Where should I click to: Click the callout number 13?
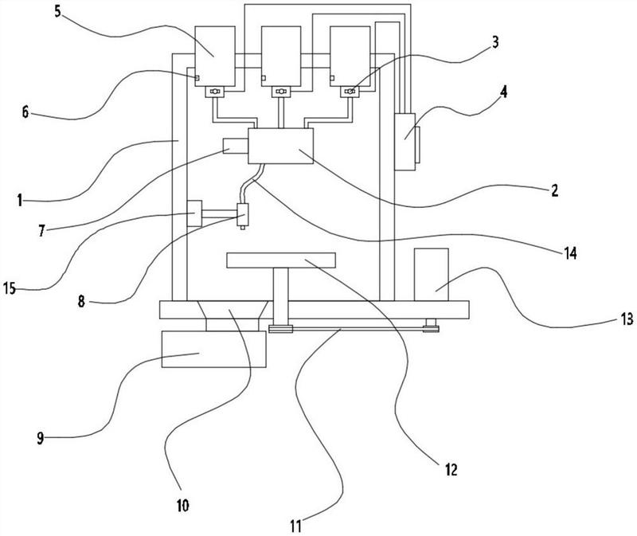coord(627,319)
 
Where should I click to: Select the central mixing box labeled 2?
coord(280,147)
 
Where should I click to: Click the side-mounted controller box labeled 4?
coord(406,141)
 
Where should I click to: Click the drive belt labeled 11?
coord(350,327)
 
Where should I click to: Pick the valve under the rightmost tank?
coord(349,92)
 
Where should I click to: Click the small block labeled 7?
coord(235,147)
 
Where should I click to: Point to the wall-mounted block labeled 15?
coord(194,214)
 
